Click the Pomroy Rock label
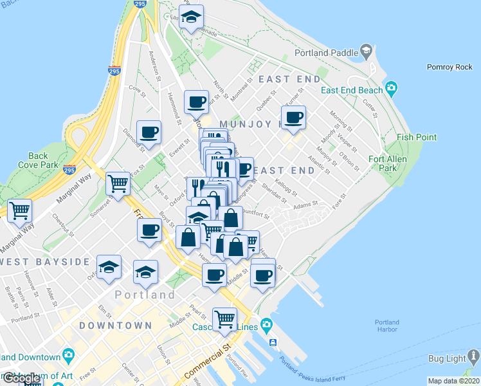click(x=449, y=67)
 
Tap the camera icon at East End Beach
click(x=391, y=88)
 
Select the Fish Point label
click(x=417, y=137)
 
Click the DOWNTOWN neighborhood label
click(x=116, y=326)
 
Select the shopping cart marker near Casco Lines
click(x=224, y=319)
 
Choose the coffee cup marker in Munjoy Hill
click(x=293, y=118)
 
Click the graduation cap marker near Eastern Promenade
click(x=191, y=17)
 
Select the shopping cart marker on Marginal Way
click(x=20, y=210)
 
